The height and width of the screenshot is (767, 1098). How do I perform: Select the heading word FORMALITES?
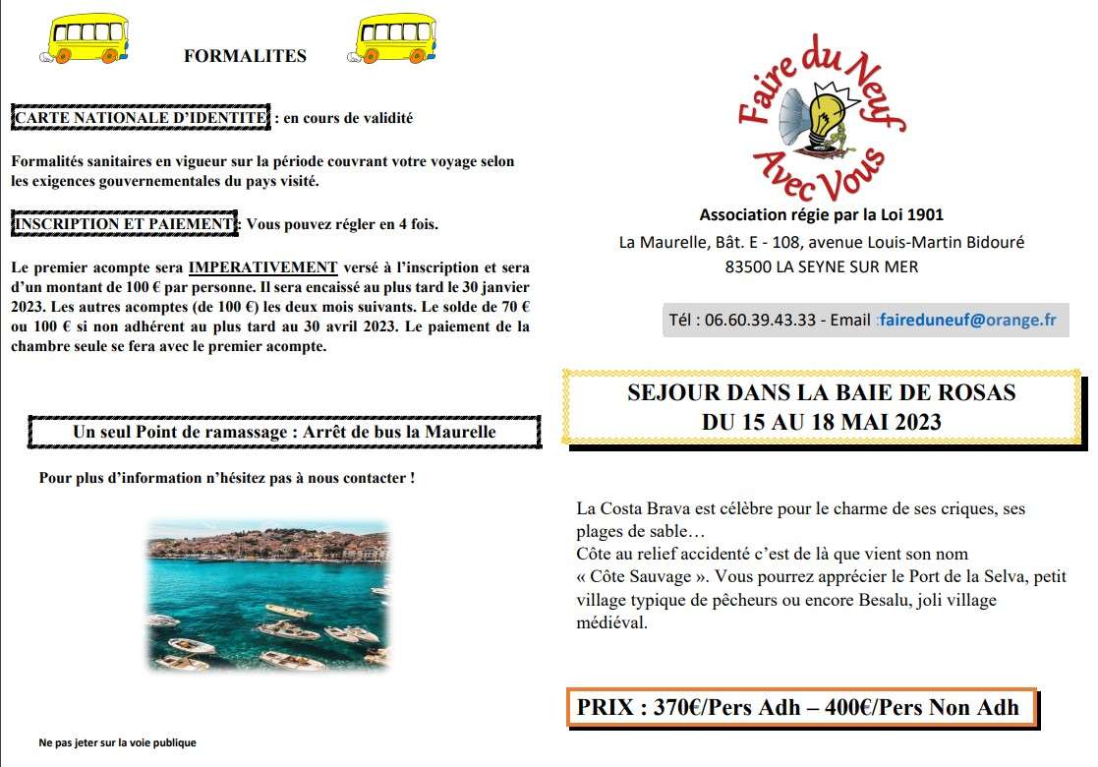245,56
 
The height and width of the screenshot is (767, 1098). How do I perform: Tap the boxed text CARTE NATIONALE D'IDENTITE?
140,118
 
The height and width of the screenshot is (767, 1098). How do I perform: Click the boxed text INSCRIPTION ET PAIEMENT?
124,224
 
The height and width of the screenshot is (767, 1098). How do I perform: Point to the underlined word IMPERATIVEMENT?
262,267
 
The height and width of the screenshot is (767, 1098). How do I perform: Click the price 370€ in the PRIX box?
675,707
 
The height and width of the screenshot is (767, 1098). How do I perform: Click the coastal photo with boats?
267,596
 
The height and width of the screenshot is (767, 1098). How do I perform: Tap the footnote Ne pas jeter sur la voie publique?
117,742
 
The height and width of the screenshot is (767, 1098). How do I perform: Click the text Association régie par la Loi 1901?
821,214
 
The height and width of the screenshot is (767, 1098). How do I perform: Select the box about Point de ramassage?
284,432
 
